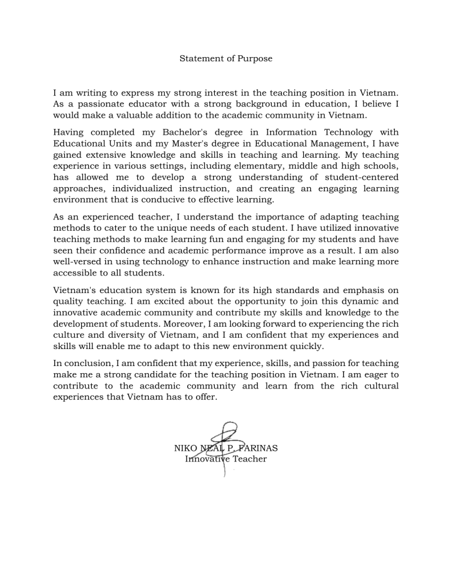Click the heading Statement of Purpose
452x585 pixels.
[x=226, y=59]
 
